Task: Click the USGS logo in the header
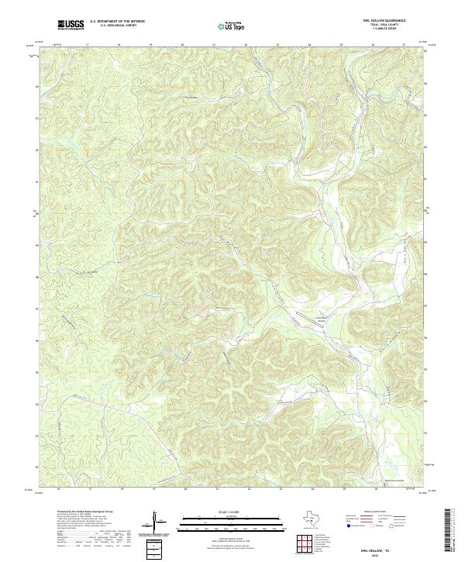pyautogui.click(x=71, y=25)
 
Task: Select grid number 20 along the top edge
pyautogui.click(x=182, y=45)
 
